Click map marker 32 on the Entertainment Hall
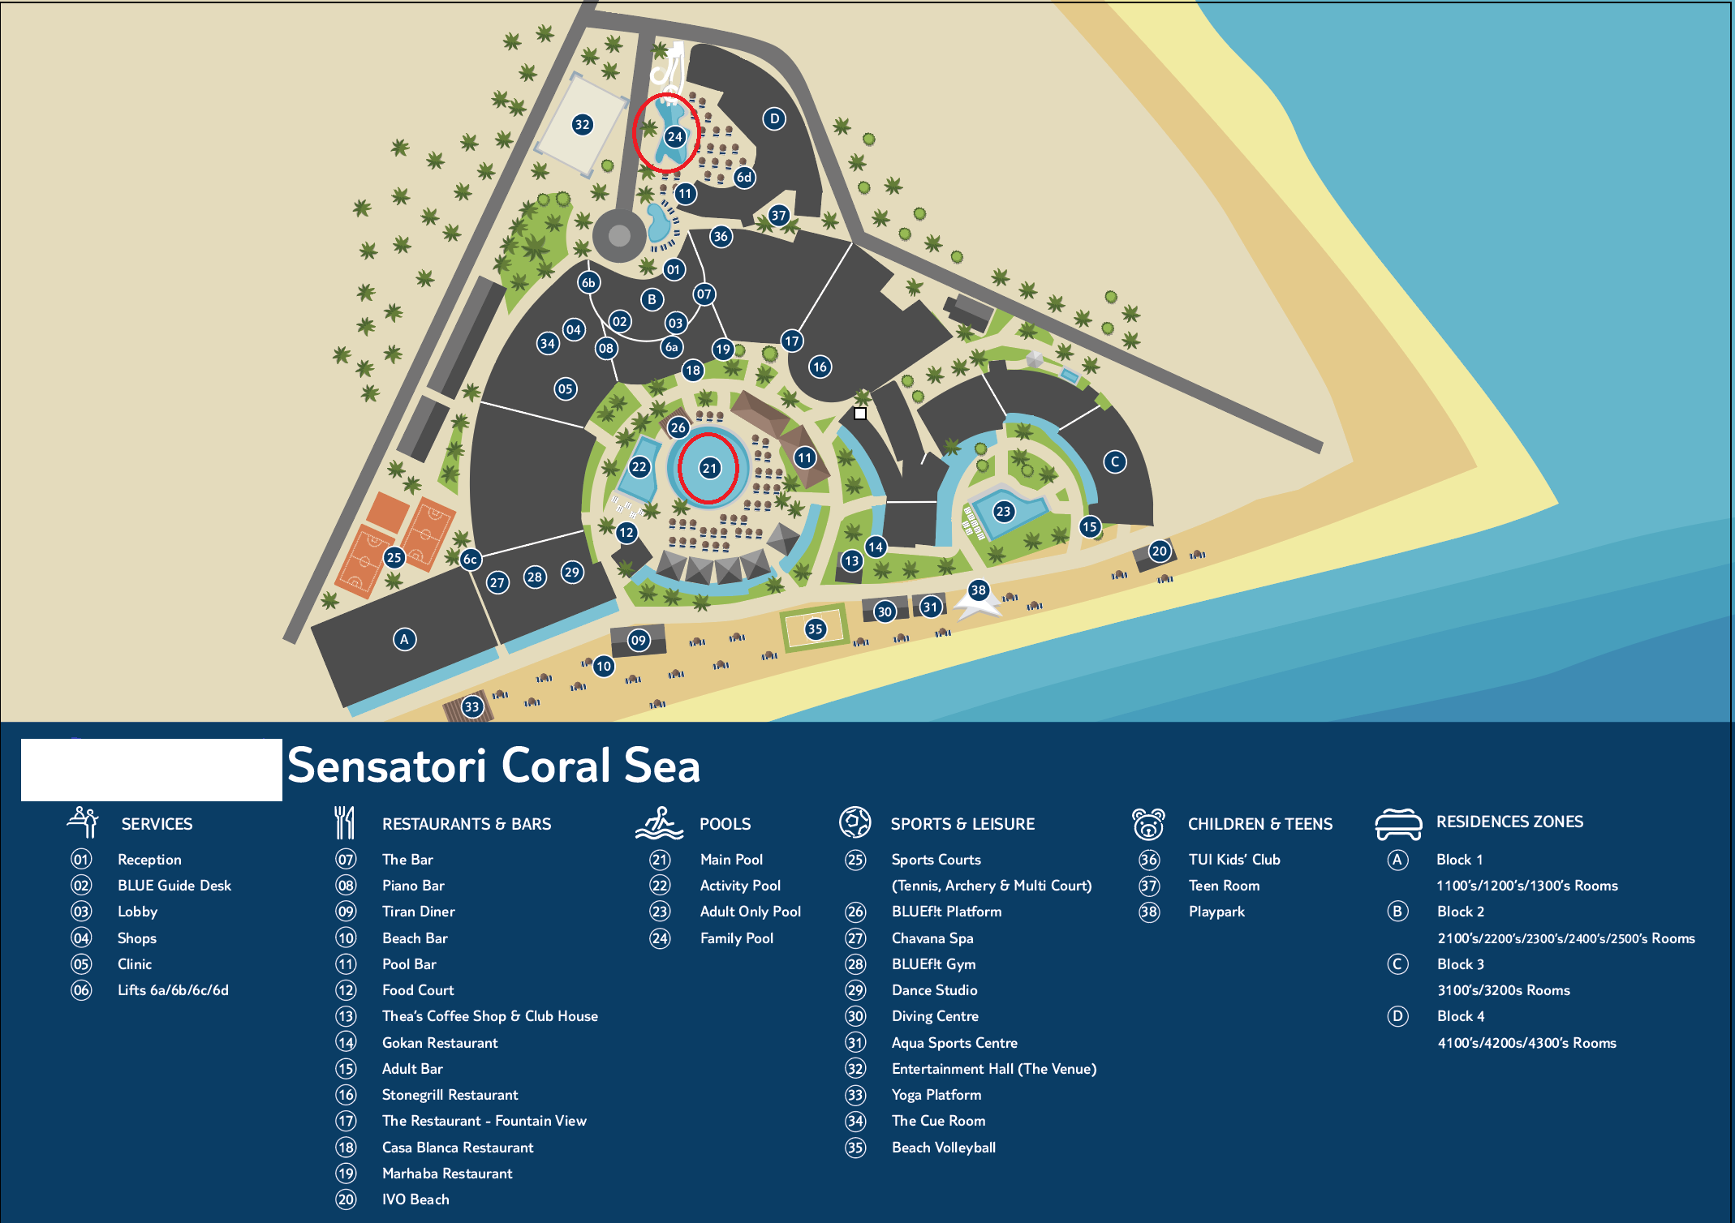coord(582,124)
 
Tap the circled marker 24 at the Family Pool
coord(674,136)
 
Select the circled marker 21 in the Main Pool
coord(710,468)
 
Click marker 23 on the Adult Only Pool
coord(1003,511)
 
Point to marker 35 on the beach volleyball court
coord(815,629)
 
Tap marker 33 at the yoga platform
coord(471,706)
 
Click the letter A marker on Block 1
coord(404,639)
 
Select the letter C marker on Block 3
coord(1115,461)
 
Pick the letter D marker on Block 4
coord(774,118)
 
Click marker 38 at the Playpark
coord(979,590)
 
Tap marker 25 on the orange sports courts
coord(394,557)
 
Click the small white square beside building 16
coord(860,414)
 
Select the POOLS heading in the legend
coord(725,824)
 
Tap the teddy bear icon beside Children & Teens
coord(1148,824)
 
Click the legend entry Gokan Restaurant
coord(439,1043)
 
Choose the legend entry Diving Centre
coord(934,1016)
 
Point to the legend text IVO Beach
coord(415,1199)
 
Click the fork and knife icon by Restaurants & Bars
coord(345,823)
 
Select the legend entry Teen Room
coord(1224,886)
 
